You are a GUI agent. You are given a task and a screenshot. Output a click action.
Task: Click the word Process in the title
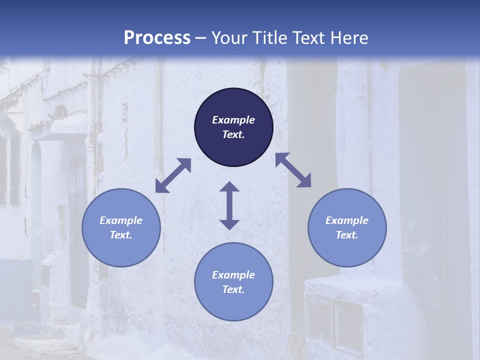[x=157, y=38]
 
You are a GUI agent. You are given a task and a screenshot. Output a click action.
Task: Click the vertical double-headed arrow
[x=229, y=205]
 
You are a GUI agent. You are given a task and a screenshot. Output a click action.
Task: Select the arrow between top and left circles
[x=173, y=175]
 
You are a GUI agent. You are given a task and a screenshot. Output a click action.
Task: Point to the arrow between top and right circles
[x=293, y=170]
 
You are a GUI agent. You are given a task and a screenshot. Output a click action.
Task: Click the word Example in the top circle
[x=233, y=120]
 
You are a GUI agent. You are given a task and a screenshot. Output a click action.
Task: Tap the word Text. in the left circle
[x=121, y=235]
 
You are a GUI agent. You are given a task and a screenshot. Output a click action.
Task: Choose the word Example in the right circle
[x=347, y=220]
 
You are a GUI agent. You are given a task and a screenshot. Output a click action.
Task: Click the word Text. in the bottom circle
[x=233, y=289]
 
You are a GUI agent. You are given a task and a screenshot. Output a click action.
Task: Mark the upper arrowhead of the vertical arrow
[x=229, y=187]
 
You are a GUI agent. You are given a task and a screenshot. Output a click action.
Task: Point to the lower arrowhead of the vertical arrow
[x=229, y=224]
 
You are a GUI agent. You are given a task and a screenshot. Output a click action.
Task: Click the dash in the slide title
[x=200, y=38]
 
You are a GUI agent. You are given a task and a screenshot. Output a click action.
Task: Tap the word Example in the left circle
[x=121, y=220]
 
